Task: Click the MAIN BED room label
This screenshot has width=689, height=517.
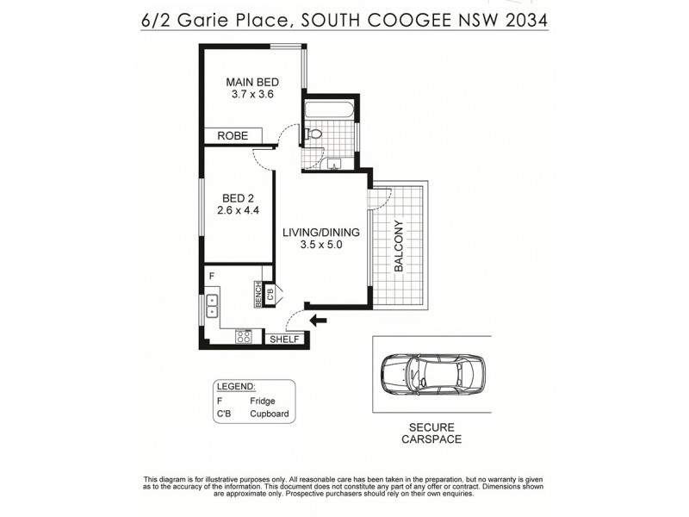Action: pyautogui.click(x=252, y=82)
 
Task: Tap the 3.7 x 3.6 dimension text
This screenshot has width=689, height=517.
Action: pyautogui.click(x=252, y=95)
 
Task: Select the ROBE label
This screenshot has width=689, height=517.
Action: pyautogui.click(x=233, y=136)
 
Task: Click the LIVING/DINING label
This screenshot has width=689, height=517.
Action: pyautogui.click(x=321, y=232)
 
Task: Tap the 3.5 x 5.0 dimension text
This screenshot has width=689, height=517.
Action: pyautogui.click(x=321, y=246)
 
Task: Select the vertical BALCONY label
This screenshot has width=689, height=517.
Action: pyautogui.click(x=399, y=247)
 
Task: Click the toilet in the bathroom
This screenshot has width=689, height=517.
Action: pyautogui.click(x=313, y=134)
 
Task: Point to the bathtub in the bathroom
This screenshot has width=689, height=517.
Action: pyautogui.click(x=328, y=110)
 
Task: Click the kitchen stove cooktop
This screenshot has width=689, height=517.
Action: pyautogui.click(x=243, y=336)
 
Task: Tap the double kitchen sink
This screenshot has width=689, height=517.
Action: pyautogui.click(x=212, y=306)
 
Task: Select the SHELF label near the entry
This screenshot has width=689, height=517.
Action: pyautogui.click(x=284, y=339)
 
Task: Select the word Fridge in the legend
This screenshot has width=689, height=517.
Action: pyautogui.click(x=262, y=402)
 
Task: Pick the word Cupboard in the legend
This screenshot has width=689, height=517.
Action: pyautogui.click(x=269, y=414)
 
